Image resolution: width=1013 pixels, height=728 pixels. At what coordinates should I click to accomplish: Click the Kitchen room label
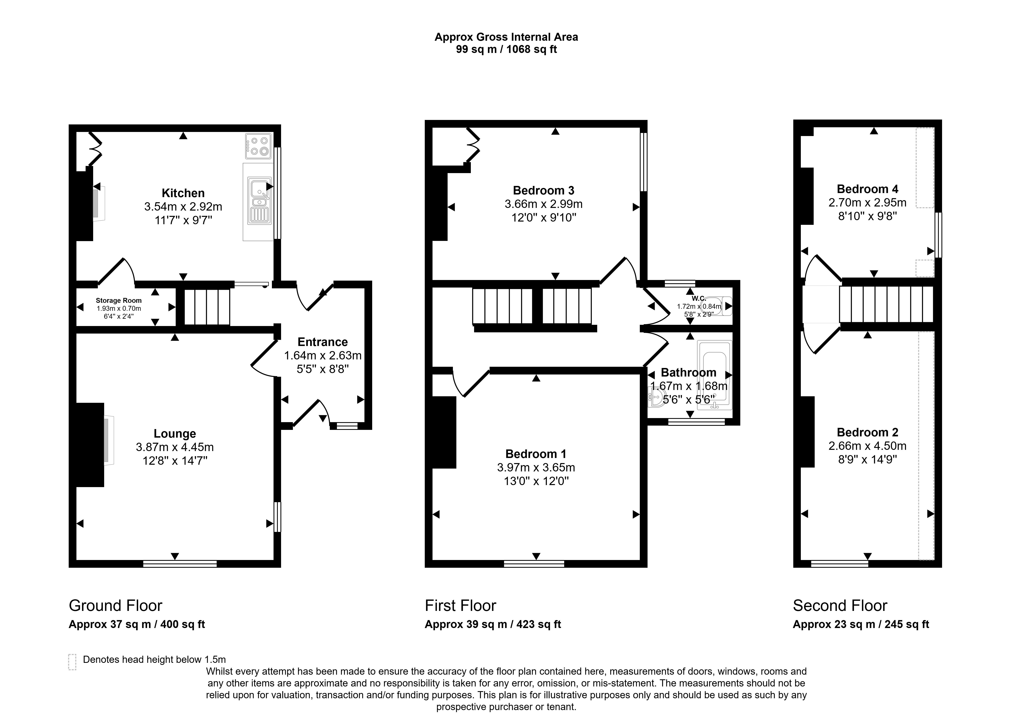point(183,193)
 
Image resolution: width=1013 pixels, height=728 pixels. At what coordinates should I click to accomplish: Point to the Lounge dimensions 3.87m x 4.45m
point(175,447)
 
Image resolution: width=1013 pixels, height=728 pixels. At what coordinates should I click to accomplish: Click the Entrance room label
point(322,342)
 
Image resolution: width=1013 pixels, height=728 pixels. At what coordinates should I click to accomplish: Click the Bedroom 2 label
point(867,432)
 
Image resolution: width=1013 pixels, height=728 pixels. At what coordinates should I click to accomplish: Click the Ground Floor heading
point(115,606)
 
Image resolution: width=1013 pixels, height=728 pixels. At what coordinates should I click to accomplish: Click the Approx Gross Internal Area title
point(506,37)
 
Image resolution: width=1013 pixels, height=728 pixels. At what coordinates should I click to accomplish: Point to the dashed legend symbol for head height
point(72,662)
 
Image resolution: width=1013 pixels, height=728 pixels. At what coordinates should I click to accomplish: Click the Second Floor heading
point(840,606)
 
